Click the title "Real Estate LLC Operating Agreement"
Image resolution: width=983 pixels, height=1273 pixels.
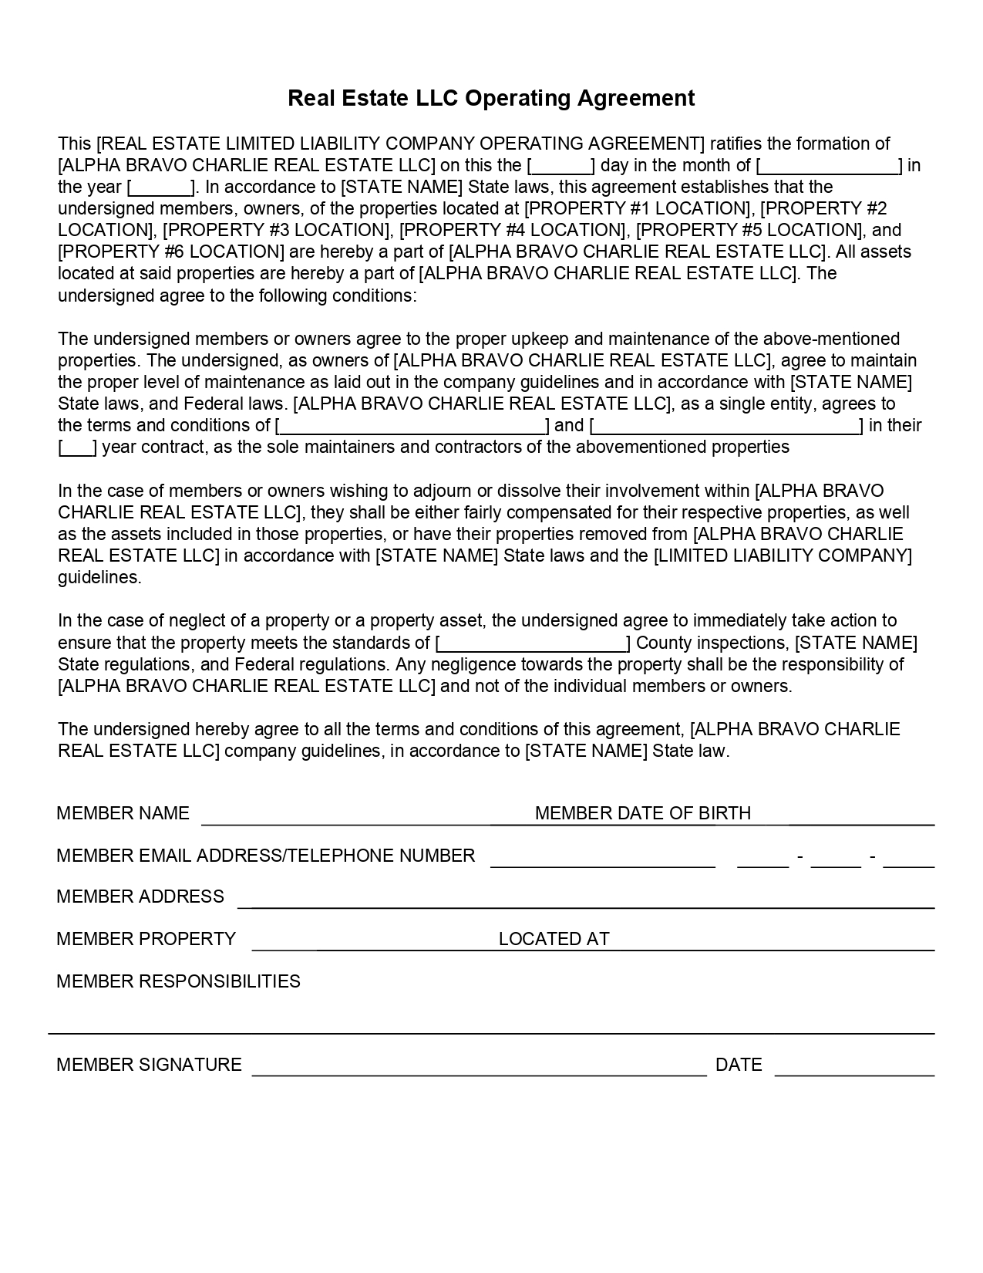pos(491,98)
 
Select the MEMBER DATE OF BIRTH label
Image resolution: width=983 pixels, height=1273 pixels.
pos(642,813)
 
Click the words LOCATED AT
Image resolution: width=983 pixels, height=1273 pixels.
pos(554,939)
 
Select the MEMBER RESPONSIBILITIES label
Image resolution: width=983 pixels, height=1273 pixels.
pos(179,981)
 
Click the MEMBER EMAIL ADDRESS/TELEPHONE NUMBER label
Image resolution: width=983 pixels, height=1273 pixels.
pos(266,856)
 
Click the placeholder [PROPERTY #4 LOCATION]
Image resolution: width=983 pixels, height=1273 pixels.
pos(513,230)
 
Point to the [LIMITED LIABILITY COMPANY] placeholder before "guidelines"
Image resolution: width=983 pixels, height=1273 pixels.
pos(783,556)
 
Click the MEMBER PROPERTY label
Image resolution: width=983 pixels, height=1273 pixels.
pos(146,939)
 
